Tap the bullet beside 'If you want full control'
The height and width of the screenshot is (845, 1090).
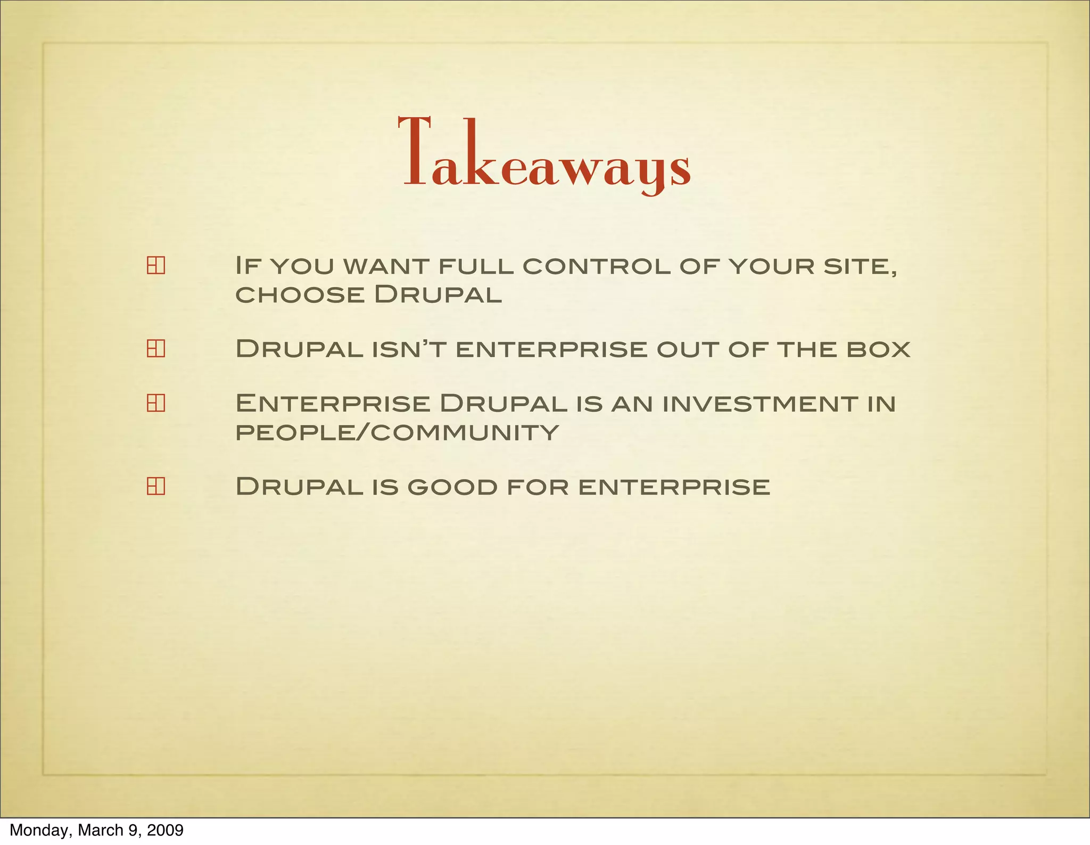pos(155,265)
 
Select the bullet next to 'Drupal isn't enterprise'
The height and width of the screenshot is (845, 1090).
pos(155,348)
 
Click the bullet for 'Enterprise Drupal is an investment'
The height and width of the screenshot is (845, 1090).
pos(155,403)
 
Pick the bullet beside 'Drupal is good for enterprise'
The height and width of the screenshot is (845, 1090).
pos(155,486)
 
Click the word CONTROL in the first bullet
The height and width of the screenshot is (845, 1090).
pos(596,266)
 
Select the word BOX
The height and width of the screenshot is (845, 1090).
pos(879,349)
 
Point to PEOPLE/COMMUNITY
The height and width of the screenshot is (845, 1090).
pos(397,432)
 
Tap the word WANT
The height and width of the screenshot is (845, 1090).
pos(386,266)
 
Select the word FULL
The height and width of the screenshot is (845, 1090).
pos(476,266)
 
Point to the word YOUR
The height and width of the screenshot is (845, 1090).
pos(771,266)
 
